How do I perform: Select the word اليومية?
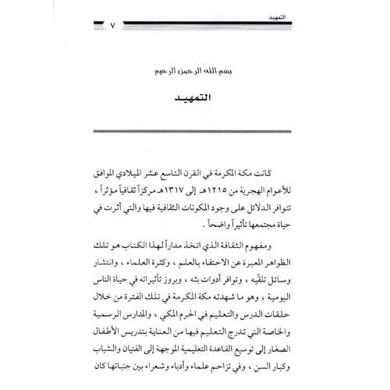pyautogui.click(x=290, y=300)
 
